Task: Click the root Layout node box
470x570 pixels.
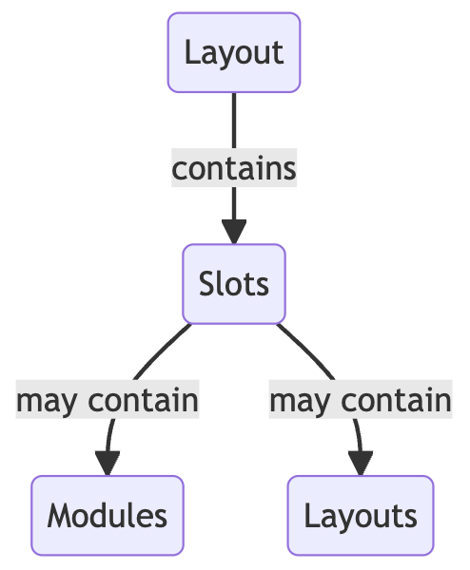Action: point(234,52)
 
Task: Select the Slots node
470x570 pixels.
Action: point(234,284)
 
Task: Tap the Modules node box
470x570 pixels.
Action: point(108,516)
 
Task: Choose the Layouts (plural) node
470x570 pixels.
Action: point(361,516)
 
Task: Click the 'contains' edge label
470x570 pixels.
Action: point(234,168)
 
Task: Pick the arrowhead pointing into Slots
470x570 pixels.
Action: point(234,232)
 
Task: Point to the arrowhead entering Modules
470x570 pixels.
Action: point(108,464)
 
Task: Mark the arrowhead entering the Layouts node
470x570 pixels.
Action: point(361,464)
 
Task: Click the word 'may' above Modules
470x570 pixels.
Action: point(47,402)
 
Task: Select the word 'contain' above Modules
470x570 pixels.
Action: point(143,400)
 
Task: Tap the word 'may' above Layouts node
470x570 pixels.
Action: point(300,402)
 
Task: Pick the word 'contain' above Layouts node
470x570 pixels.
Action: point(396,400)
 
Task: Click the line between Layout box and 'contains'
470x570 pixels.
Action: point(234,121)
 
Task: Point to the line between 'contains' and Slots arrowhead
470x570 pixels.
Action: point(234,203)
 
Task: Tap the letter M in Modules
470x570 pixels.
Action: point(60,516)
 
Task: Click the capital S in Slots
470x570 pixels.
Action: point(206,284)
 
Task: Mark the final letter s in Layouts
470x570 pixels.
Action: point(411,519)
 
